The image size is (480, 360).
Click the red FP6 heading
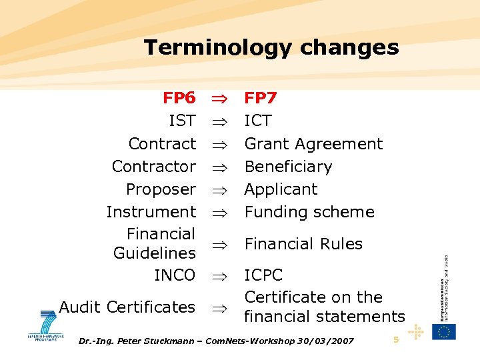click(179, 99)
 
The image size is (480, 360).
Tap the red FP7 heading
click(261, 99)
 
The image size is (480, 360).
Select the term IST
click(183, 121)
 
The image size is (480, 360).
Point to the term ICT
click(258, 121)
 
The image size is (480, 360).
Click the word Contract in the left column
click(162, 144)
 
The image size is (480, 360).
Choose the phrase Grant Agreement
click(313, 144)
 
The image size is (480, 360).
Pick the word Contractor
click(154, 167)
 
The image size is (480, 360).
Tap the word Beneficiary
click(288, 167)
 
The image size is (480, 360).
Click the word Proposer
click(161, 189)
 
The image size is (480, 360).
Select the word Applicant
click(281, 189)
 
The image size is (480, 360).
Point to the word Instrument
click(151, 212)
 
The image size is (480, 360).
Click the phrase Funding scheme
click(309, 212)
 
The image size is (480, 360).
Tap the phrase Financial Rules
click(303, 244)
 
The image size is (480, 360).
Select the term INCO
click(175, 275)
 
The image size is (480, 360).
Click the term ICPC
click(263, 275)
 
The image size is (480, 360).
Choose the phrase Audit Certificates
click(127, 307)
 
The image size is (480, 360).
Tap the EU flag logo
click(443, 331)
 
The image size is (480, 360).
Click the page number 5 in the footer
click(396, 340)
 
